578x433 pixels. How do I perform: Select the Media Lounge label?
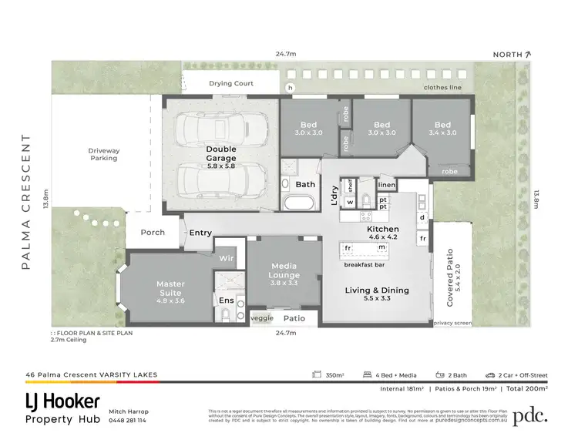pos(284,270)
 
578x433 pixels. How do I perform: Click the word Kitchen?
pos(382,230)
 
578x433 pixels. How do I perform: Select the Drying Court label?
pos(231,83)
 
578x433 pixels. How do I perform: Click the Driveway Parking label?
pos(104,154)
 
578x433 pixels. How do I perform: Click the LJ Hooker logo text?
pos(62,401)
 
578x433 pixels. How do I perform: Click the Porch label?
pos(152,232)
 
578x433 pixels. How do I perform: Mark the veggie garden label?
pos(261,317)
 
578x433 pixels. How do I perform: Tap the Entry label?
pos(200,233)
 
